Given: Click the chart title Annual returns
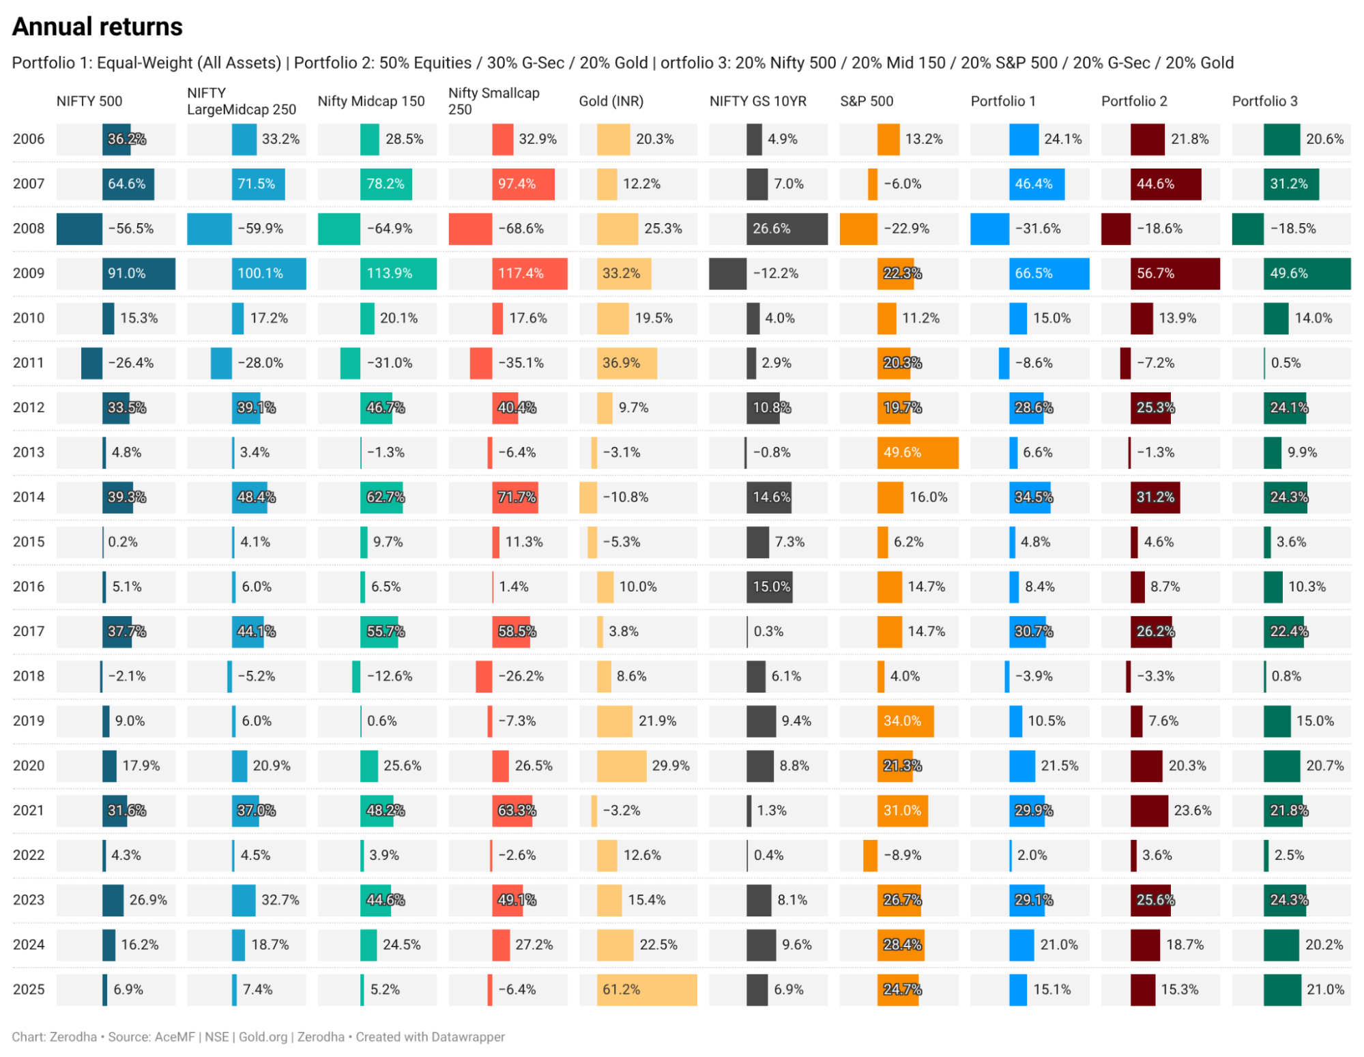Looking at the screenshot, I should click(x=98, y=27).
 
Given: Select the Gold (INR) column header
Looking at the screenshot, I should click(x=611, y=101).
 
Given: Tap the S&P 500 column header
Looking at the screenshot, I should click(x=866, y=101).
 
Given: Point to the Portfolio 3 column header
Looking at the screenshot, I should click(x=1264, y=101).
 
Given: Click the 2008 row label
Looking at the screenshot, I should click(x=29, y=229).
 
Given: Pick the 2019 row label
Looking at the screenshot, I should click(x=29, y=721).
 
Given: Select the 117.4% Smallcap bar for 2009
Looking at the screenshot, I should click(x=529, y=274).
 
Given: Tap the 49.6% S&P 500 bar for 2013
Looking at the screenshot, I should click(x=917, y=452).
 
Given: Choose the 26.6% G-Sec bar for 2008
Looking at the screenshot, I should click(x=787, y=229).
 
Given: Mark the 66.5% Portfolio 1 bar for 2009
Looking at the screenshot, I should click(x=1049, y=274).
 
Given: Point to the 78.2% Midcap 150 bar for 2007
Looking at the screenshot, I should click(x=386, y=184).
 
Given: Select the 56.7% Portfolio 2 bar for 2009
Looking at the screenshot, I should click(x=1174, y=274).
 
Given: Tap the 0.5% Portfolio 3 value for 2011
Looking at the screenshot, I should click(x=1286, y=363).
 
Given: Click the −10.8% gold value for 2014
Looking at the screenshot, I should click(x=626, y=497).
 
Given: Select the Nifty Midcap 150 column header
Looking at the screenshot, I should click(x=371, y=101).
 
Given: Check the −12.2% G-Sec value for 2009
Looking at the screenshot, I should click(x=776, y=274).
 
